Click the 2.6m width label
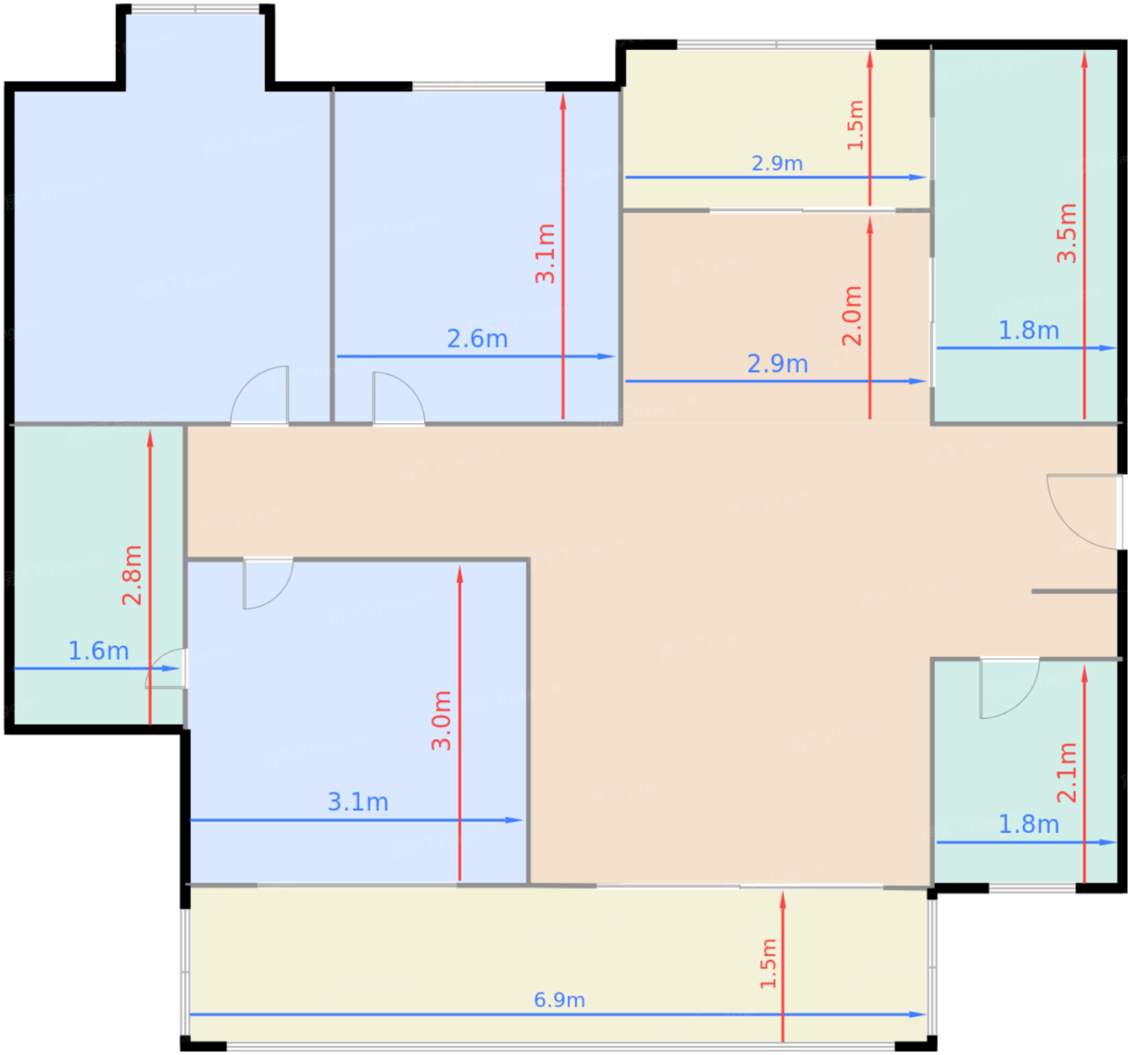coord(477,339)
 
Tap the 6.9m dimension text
coord(559,1000)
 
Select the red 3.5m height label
coord(1066,233)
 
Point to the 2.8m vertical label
coord(132,575)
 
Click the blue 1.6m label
coord(99,651)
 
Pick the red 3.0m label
coord(441,720)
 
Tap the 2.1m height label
coord(1066,772)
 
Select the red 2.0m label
coord(852,316)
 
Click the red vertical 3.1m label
coord(545,254)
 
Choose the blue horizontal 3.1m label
coord(358,802)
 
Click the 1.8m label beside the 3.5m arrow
coord(1028,330)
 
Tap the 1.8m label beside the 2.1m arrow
coord(1028,824)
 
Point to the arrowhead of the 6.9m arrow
coord(918,1015)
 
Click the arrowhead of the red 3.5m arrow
coord(1084,60)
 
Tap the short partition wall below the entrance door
coord(1074,591)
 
